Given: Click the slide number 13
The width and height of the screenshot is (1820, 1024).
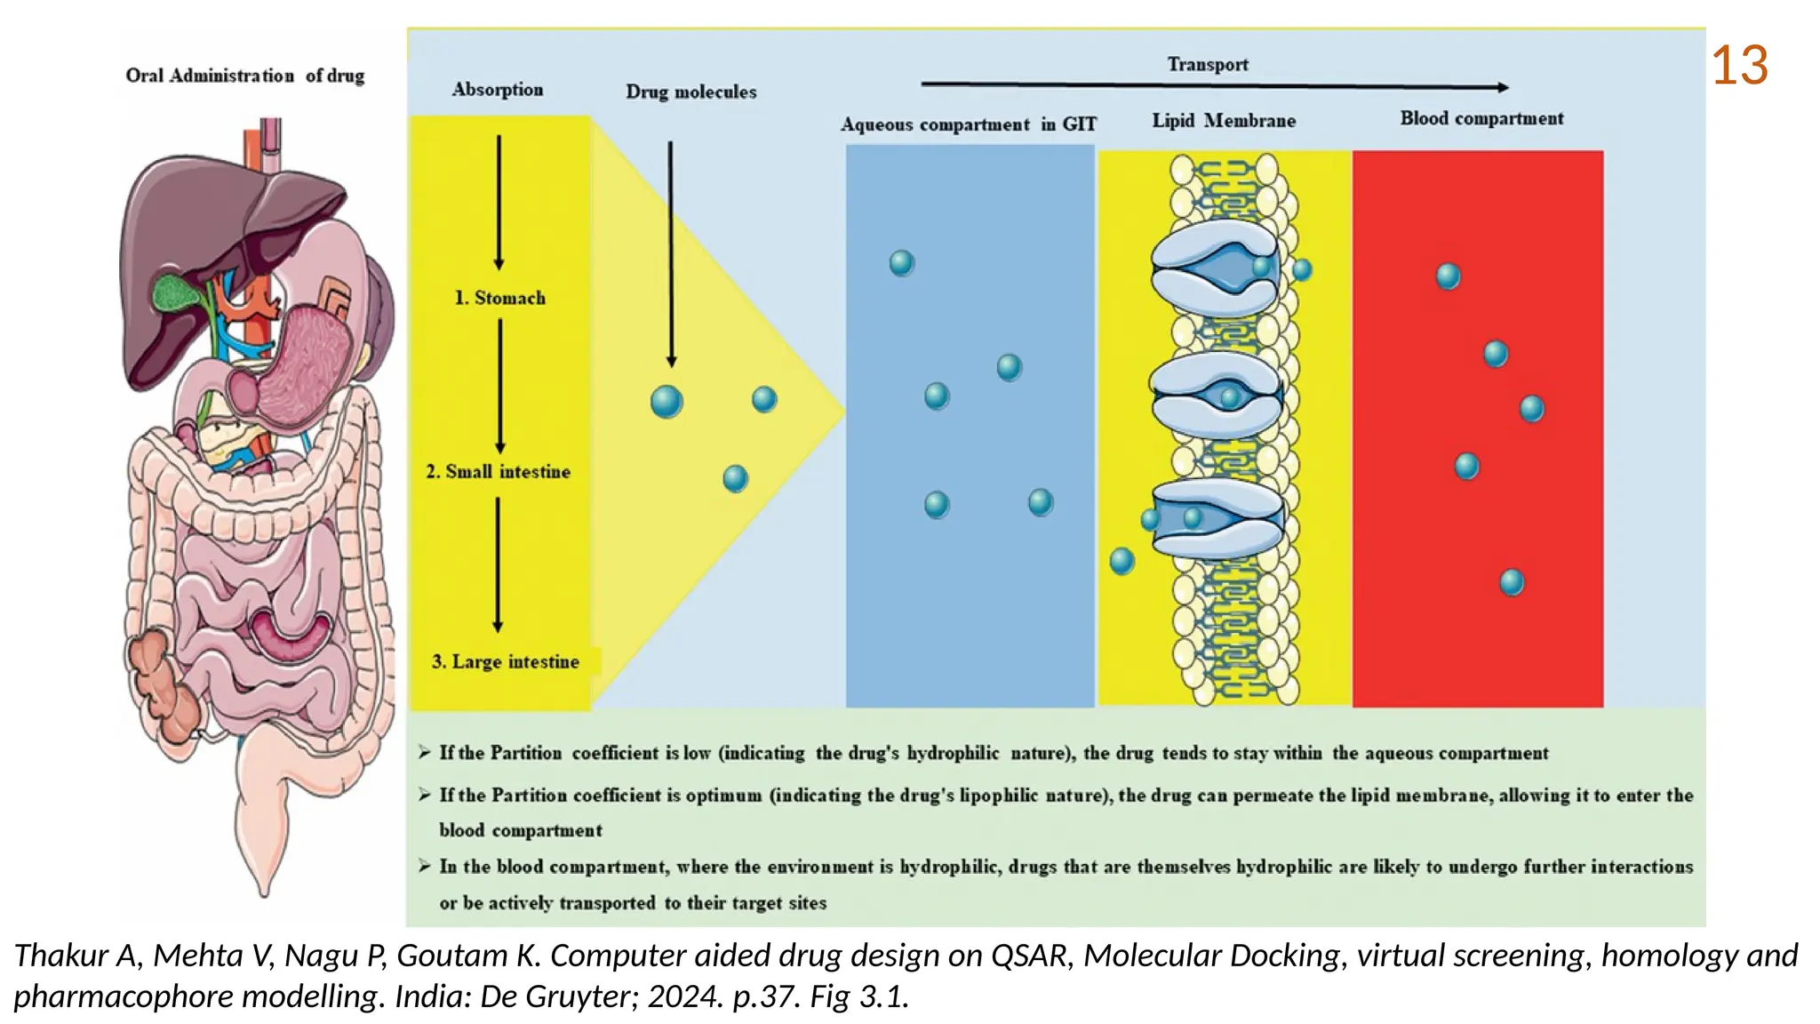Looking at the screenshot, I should pyautogui.click(x=1739, y=66).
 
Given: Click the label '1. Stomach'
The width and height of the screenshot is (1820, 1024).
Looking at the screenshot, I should pyautogui.click(x=500, y=298).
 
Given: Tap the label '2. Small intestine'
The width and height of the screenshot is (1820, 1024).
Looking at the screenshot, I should pyautogui.click(x=498, y=472).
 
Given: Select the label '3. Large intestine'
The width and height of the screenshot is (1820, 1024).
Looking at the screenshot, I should pyautogui.click(x=505, y=661).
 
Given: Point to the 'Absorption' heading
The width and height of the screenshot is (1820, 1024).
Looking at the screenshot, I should pyautogui.click(x=498, y=90).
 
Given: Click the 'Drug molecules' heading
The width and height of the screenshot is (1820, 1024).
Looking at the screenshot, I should pyautogui.click(x=690, y=92).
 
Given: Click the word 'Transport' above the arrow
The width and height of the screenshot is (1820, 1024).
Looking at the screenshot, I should pyautogui.click(x=1207, y=64).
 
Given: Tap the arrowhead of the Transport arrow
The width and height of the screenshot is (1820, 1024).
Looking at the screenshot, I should pyautogui.click(x=1502, y=87).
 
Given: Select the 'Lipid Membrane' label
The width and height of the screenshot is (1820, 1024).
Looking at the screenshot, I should pyautogui.click(x=1224, y=121).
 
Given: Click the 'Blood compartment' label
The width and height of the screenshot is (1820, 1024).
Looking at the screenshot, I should pyautogui.click(x=1481, y=118).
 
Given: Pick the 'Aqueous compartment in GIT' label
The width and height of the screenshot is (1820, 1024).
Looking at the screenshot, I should pyautogui.click(x=968, y=124).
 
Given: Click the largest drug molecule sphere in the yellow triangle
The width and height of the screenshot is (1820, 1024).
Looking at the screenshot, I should pyautogui.click(x=667, y=402).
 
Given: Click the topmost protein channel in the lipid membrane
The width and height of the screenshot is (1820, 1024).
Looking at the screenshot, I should pyautogui.click(x=1215, y=267).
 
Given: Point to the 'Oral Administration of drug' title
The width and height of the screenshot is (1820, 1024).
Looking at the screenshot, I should pyautogui.click(x=244, y=76).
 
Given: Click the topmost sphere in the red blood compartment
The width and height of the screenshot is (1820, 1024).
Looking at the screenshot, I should pyautogui.click(x=1448, y=276).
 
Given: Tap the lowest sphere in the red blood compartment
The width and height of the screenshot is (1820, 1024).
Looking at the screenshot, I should pyautogui.click(x=1511, y=583).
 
